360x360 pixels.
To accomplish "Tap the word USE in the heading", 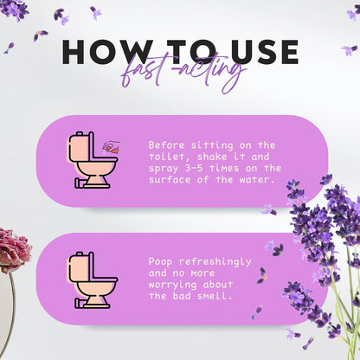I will click(x=259, y=51).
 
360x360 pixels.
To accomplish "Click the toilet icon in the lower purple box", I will click(x=93, y=279).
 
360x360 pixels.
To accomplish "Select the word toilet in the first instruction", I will click(x=169, y=157).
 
